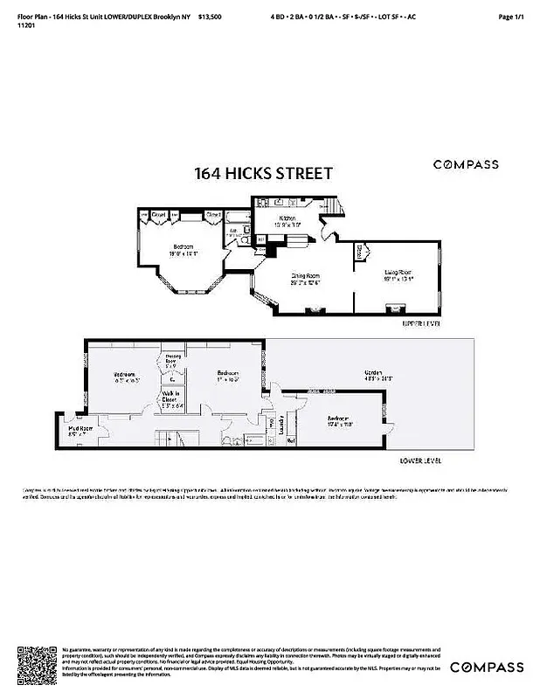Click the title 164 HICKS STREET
click(x=263, y=173)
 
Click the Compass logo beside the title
click(x=467, y=164)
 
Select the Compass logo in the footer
click(x=487, y=668)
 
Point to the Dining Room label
click(x=305, y=278)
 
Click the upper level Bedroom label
click(x=183, y=250)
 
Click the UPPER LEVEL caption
click(x=422, y=323)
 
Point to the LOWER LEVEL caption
click(x=421, y=460)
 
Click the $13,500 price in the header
click(x=210, y=17)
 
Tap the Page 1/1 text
click(x=510, y=17)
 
